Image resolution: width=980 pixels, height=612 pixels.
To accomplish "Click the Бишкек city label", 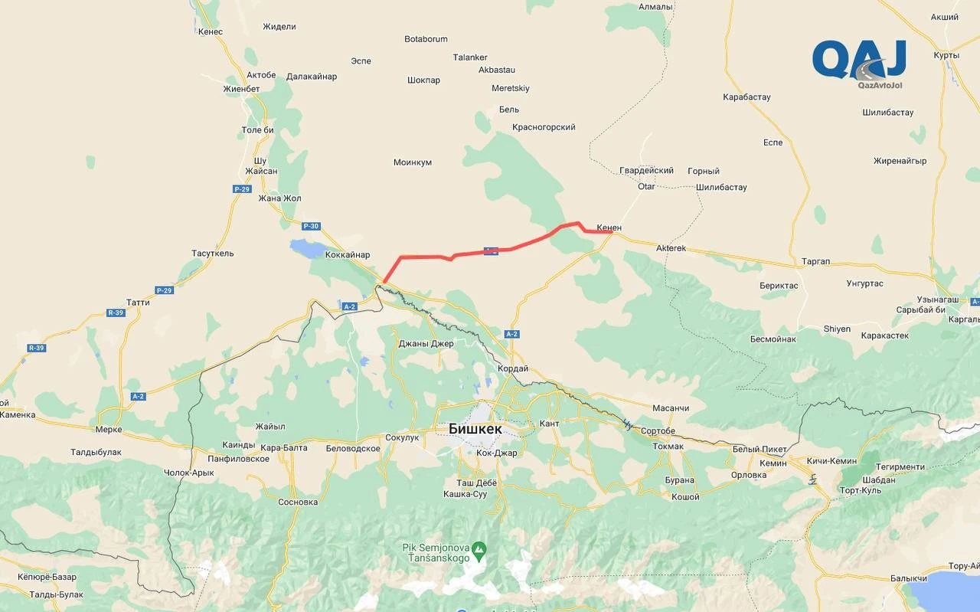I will [475, 429].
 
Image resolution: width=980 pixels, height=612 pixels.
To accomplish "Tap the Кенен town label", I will [609, 227].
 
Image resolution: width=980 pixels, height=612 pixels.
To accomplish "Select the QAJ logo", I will [859, 59].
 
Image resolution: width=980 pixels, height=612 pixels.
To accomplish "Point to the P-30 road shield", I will [310, 226].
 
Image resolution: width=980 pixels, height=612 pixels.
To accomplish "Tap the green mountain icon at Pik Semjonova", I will [479, 548].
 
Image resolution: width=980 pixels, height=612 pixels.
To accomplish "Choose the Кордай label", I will [512, 368].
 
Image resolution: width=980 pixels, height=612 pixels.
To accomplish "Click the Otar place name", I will [646, 186].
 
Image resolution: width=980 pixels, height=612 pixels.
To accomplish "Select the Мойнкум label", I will [413, 162].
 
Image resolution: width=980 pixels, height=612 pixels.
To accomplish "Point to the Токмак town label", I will [668, 446].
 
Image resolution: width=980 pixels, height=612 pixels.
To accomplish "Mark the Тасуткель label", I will [213, 254].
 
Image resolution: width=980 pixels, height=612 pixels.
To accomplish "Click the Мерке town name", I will [109, 430].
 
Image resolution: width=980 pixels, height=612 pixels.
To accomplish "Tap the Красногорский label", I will [544, 127].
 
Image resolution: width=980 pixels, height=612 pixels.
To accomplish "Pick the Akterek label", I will [671, 249].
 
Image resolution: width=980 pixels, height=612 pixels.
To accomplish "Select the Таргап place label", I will [815, 261].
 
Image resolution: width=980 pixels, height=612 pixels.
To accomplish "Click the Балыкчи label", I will [909, 578].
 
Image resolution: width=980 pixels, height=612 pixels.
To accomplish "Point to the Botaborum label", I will [426, 39].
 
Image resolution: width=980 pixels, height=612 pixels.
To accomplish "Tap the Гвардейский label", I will [646, 171].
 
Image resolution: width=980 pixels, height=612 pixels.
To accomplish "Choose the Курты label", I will [946, 55].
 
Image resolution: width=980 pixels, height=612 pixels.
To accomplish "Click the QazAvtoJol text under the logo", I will [880, 85].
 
